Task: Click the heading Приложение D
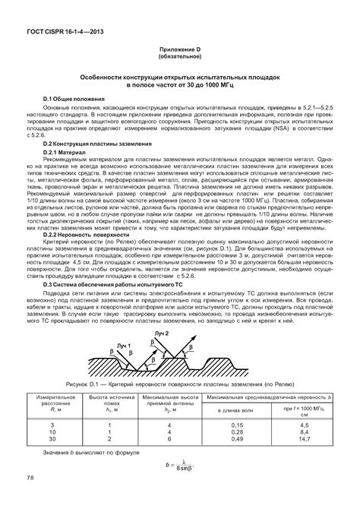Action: (180, 50)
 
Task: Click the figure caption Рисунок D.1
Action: (180, 384)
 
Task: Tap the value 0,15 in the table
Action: (238, 425)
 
